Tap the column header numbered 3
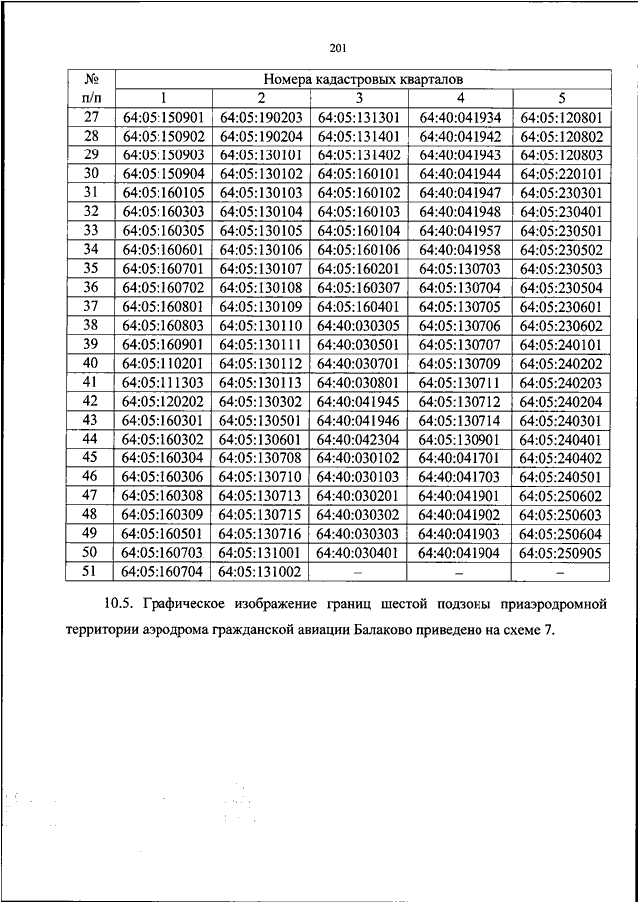(359, 98)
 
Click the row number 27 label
(91, 117)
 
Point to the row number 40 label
(91, 363)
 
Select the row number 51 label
(91, 571)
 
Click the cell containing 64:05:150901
(163, 117)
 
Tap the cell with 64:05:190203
(261, 117)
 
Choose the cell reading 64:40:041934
(461, 117)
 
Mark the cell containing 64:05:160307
(359, 287)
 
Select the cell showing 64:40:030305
(359, 325)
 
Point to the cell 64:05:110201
(163, 363)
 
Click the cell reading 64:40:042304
(359, 439)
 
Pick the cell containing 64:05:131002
(261, 571)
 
